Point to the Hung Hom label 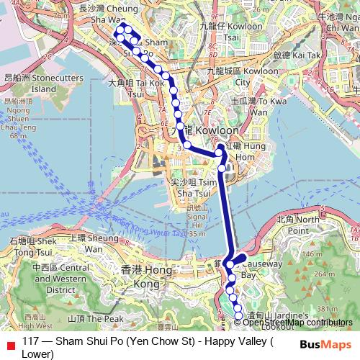click(241, 150)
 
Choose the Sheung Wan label click(92, 243)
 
